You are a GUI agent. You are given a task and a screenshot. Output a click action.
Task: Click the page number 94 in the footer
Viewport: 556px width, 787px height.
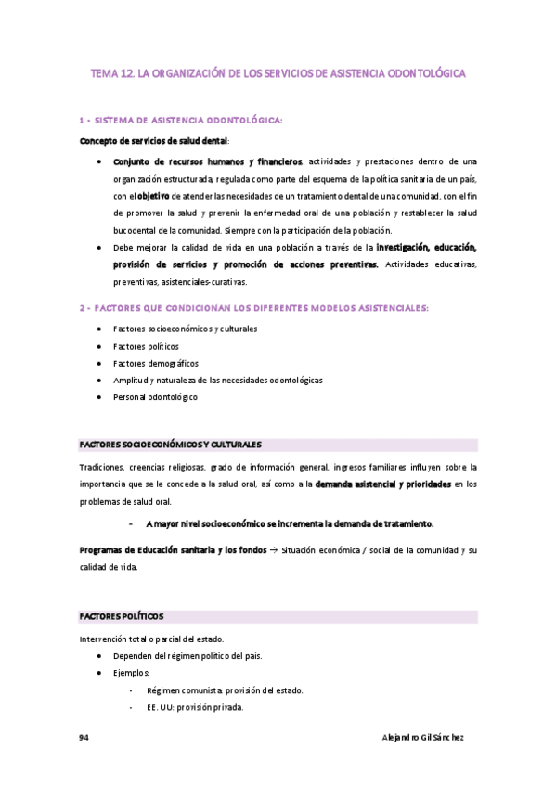pyautogui.click(x=84, y=736)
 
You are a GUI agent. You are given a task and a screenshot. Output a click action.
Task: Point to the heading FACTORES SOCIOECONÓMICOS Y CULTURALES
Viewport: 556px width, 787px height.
pyautogui.click(x=171, y=445)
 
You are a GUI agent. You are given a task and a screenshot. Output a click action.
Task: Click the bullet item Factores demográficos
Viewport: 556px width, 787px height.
pyautogui.click(x=156, y=363)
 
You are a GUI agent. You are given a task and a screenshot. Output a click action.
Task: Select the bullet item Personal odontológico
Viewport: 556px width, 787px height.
pyautogui.click(x=155, y=397)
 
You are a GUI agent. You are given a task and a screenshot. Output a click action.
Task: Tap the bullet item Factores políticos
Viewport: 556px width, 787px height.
pyautogui.click(x=146, y=346)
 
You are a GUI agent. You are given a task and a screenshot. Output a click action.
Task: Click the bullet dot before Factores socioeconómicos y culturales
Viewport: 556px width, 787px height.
pyautogui.click(x=99, y=329)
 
